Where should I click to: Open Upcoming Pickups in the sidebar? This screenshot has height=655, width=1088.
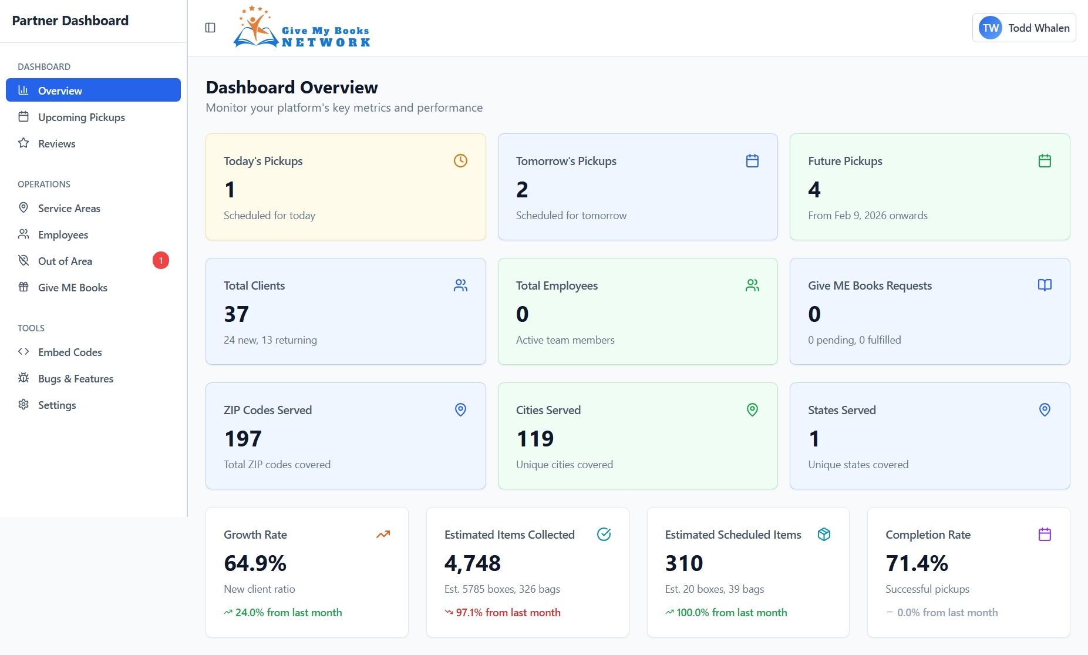click(81, 117)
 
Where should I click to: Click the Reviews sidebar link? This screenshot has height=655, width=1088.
click(56, 143)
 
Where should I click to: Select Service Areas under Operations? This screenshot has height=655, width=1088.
click(69, 208)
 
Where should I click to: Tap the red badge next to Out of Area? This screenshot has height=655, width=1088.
click(161, 260)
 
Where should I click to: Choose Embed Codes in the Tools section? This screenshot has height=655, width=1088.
click(70, 352)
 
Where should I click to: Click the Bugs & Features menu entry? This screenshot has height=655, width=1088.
click(75, 378)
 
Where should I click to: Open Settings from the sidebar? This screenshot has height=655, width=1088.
click(56, 405)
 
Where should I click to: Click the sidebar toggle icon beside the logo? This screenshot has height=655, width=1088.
click(210, 28)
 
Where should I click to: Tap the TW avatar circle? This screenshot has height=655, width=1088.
click(991, 28)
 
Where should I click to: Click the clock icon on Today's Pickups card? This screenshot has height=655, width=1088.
click(460, 160)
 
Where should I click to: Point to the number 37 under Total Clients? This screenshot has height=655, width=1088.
click(236, 314)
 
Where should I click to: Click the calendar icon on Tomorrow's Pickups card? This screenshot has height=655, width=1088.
click(752, 160)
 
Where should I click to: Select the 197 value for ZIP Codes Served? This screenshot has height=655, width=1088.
click(242, 439)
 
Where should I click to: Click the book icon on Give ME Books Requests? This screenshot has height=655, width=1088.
click(1045, 285)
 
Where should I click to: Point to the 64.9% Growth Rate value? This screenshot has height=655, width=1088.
click(255, 563)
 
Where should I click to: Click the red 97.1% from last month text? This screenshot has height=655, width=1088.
click(508, 612)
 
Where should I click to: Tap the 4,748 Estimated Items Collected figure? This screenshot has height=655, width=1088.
click(472, 563)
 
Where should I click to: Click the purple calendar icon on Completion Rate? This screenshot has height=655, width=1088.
click(1045, 534)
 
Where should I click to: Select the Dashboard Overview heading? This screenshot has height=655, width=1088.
click(292, 88)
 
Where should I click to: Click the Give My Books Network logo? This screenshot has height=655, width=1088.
click(302, 28)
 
